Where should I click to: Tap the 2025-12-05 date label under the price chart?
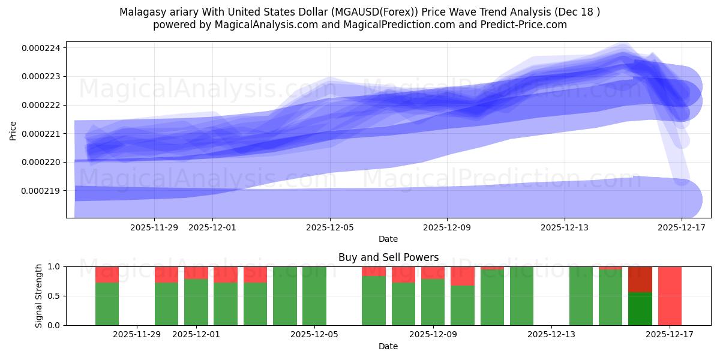click(330, 227)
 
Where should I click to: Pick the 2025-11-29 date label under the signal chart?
click(137, 334)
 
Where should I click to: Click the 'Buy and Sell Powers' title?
click(388, 257)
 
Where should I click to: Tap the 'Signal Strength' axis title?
click(39, 296)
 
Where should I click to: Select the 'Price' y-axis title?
click(13, 130)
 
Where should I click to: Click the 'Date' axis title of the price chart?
click(388, 239)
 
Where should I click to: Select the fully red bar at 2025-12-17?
click(670, 296)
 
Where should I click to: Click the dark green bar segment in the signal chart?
click(640, 308)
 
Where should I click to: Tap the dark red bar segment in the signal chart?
click(640, 279)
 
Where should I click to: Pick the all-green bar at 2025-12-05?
click(314, 296)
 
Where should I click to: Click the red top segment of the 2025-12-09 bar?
click(433, 273)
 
